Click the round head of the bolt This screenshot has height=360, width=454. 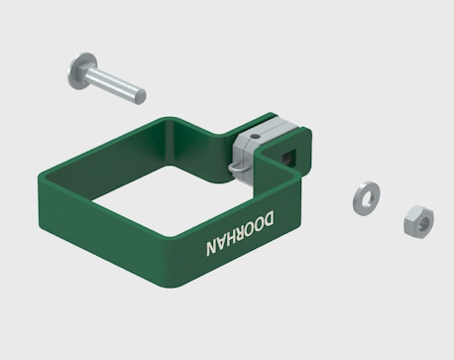(82, 71)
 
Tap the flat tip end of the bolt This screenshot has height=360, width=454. (141, 96)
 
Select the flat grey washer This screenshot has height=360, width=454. (366, 198)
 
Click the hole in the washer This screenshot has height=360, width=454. (367, 198)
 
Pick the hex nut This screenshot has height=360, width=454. (418, 221)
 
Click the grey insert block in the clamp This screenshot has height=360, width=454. (255, 146)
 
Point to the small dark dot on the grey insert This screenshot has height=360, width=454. (253, 136)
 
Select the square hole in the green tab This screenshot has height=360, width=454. (288, 156)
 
